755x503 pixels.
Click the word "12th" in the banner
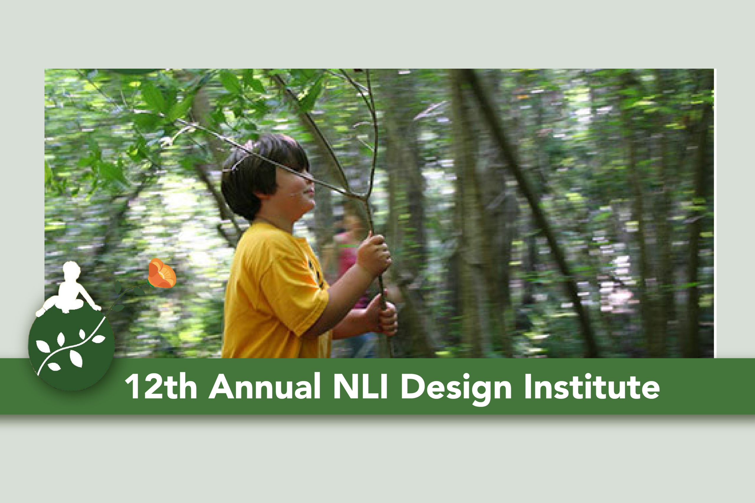coord(161,386)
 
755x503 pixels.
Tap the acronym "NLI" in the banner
coord(360,386)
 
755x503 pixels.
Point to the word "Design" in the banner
coord(456,389)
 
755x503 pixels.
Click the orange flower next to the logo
coord(162,273)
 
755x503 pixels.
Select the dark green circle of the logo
coord(71,348)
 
